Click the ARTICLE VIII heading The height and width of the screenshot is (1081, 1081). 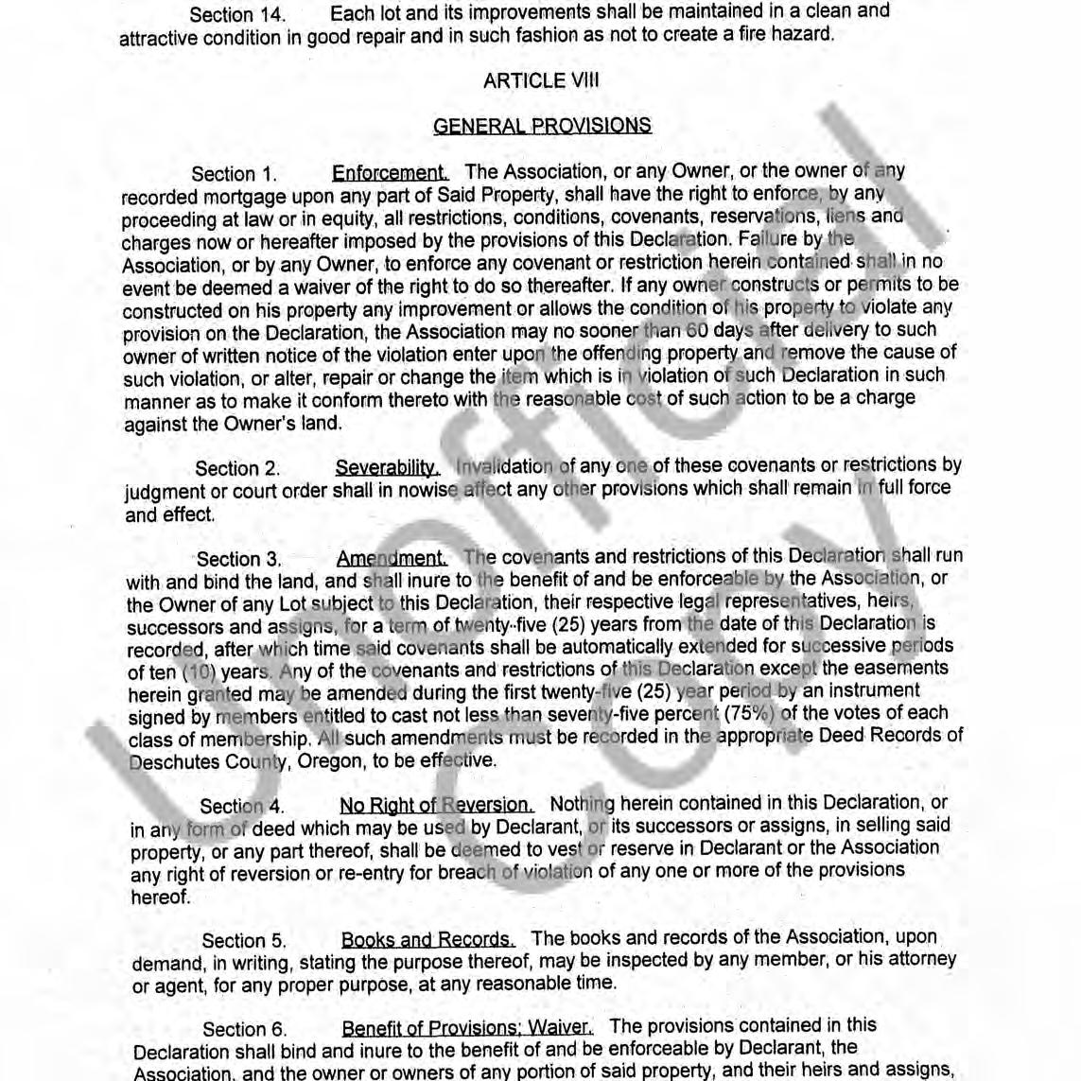click(x=540, y=80)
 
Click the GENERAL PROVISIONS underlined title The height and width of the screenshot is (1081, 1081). click(x=542, y=126)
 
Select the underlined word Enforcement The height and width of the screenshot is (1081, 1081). click(x=390, y=173)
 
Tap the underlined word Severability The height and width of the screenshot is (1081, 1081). click(x=387, y=468)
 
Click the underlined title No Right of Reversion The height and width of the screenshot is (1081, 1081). click(x=436, y=805)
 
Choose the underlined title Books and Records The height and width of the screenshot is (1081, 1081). click(x=427, y=940)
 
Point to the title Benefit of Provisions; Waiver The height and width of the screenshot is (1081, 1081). click(x=467, y=1028)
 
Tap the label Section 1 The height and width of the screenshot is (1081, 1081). click(x=235, y=174)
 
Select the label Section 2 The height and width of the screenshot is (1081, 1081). click(x=237, y=469)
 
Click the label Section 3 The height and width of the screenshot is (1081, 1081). click(x=239, y=559)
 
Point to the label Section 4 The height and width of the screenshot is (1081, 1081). click(x=242, y=807)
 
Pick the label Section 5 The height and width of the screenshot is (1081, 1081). click(x=244, y=941)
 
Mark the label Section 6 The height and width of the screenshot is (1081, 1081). click(x=245, y=1030)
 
